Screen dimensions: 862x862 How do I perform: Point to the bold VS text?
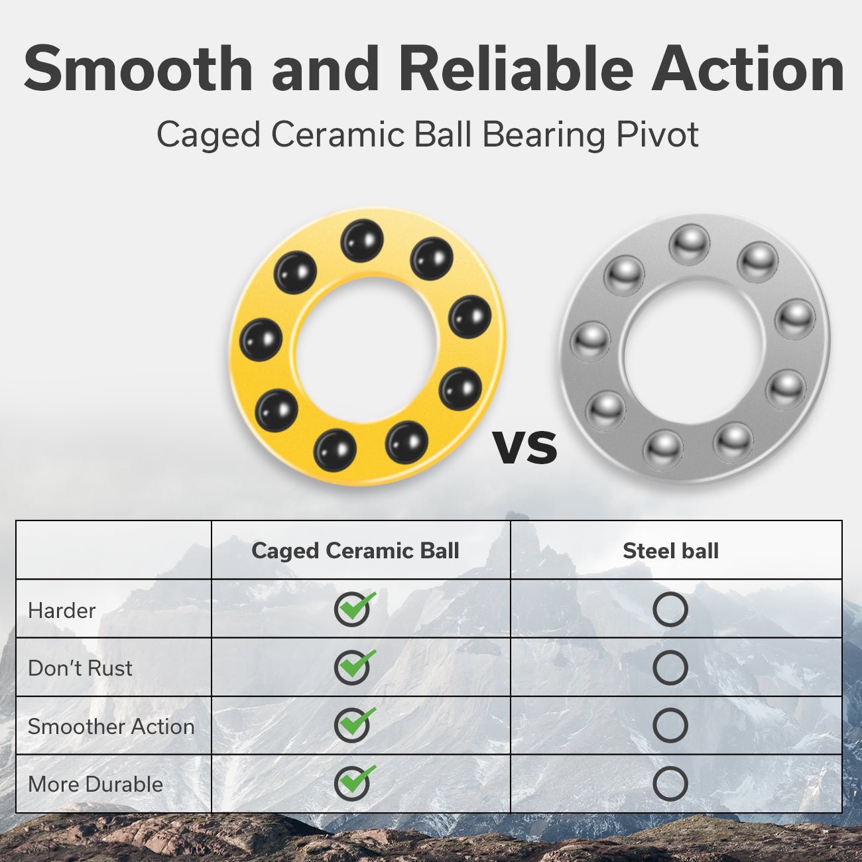pos(525,448)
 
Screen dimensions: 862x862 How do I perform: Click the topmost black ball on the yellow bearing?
pos(362,241)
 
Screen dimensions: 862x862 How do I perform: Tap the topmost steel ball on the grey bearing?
pos(690,245)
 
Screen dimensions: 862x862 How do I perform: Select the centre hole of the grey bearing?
pos(692,351)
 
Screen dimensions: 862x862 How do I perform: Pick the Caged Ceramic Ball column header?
pos(355,550)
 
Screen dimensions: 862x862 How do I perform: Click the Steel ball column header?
pos(670,551)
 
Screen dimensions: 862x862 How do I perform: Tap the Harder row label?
pos(62,611)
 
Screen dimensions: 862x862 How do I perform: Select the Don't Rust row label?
pos(80,668)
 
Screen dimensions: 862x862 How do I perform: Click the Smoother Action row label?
pos(111,727)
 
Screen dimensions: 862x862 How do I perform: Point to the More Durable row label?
pos(95,784)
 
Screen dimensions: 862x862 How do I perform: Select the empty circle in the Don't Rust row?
pos(670,668)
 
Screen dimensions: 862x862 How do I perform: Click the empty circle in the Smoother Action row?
pos(670,725)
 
